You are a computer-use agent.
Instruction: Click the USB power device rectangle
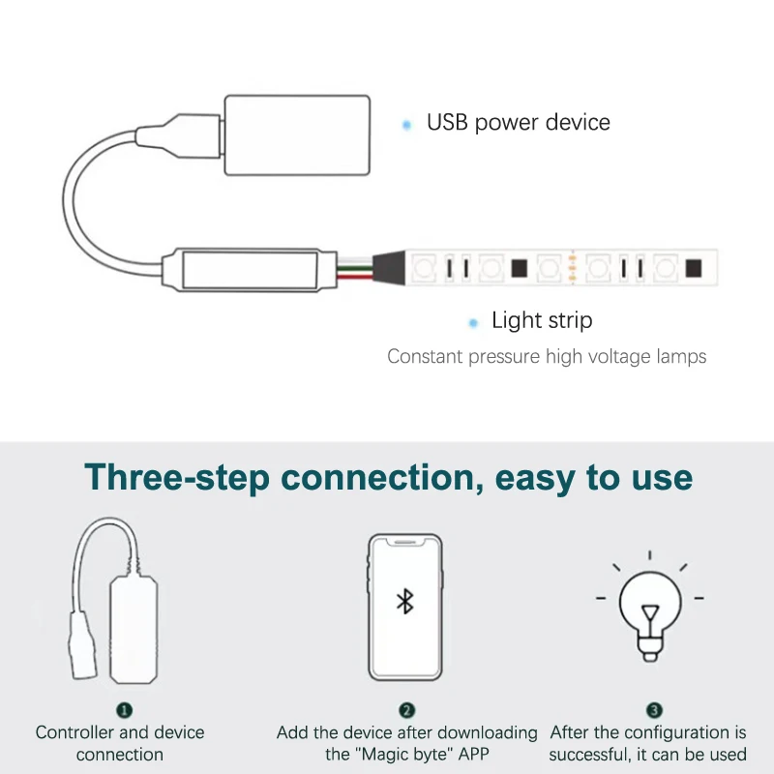[297, 134]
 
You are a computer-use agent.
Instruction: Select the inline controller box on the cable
[250, 270]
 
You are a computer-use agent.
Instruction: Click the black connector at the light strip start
[389, 268]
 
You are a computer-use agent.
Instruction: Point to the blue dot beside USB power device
[406, 125]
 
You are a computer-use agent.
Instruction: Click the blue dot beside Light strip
[473, 323]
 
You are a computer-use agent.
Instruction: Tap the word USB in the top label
[447, 122]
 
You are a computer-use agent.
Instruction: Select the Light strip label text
[542, 321]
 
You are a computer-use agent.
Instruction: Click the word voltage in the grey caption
[623, 356]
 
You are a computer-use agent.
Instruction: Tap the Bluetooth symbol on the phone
[404, 601]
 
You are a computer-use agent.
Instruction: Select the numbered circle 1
[124, 710]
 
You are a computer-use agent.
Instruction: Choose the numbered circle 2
[406, 710]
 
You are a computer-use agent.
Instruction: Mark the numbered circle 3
[654, 710]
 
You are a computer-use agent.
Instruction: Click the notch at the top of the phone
[404, 542]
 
